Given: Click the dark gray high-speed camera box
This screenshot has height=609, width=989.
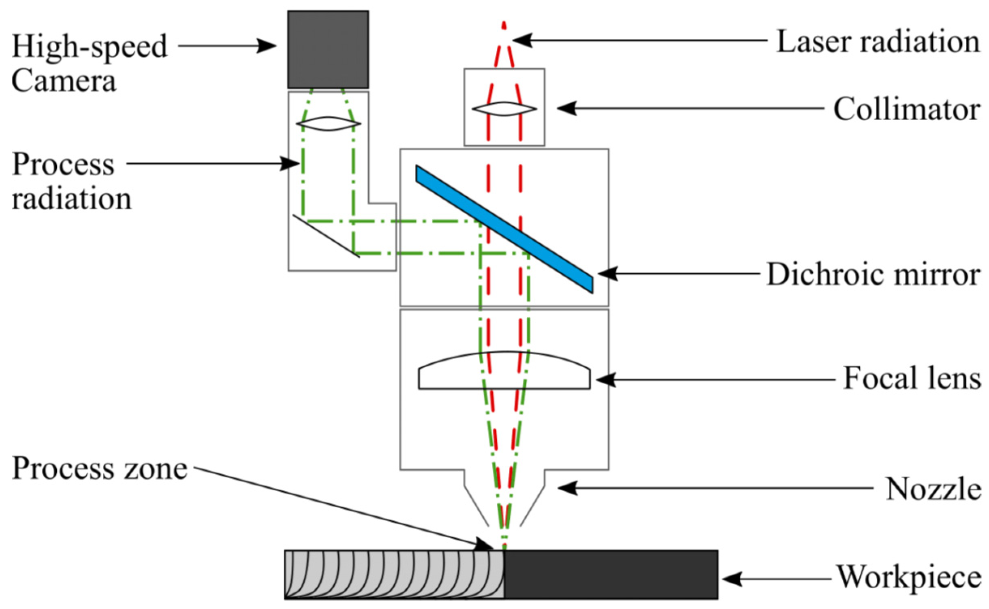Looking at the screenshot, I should click(328, 49).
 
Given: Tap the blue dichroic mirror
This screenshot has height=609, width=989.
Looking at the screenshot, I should click(504, 229).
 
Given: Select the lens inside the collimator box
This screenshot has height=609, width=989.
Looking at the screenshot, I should click(504, 109).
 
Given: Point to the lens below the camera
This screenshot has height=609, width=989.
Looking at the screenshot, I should click(328, 124).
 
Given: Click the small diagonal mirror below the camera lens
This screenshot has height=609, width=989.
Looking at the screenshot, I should click(326, 236).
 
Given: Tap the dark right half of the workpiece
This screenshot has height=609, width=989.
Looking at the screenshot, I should click(611, 574).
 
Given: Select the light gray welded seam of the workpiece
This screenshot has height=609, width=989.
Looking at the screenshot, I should click(394, 574).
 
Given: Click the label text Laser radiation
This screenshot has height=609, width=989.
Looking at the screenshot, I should click(878, 42).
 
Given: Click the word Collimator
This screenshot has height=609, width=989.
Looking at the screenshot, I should click(906, 109).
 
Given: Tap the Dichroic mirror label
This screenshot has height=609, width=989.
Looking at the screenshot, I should click(873, 275).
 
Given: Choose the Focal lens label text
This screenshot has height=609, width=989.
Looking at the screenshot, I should click(912, 379).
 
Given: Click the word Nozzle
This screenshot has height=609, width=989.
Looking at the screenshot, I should click(933, 489).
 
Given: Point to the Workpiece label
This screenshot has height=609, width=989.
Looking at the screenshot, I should click(909, 577).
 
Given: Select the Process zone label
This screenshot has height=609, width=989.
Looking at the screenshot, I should click(100, 468).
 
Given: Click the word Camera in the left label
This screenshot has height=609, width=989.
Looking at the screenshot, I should click(64, 81).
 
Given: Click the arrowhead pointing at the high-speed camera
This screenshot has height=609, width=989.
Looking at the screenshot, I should click(268, 46).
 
